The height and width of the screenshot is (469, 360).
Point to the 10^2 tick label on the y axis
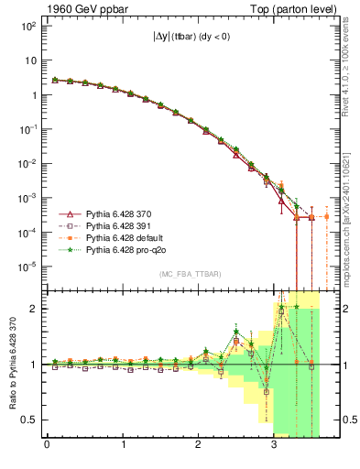pos(28,26)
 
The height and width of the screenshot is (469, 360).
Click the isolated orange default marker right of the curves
pos(327,216)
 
